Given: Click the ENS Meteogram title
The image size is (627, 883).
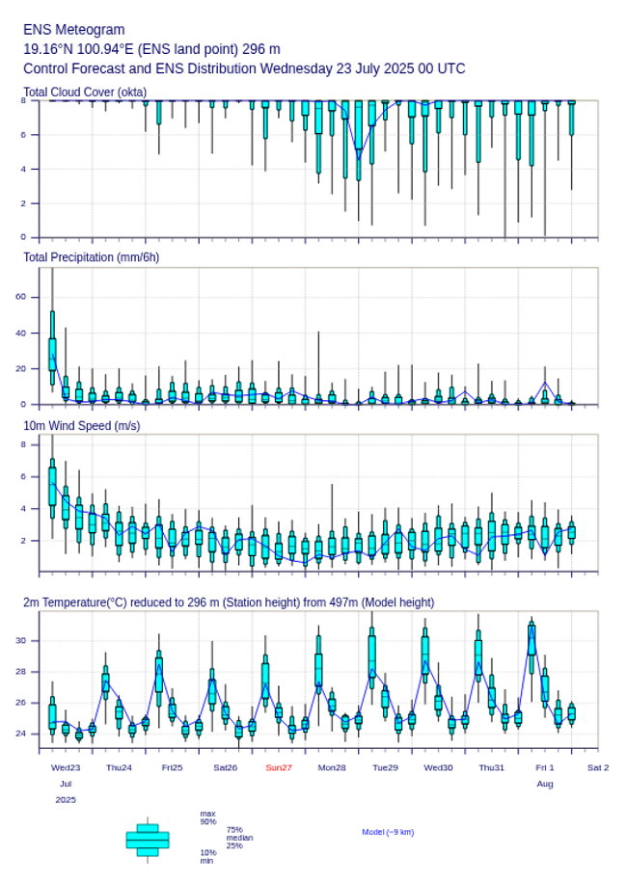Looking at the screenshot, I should tap(74, 30).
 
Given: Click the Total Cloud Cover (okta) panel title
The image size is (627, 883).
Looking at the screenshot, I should tap(85, 93).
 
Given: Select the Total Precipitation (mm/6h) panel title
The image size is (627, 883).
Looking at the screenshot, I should tap(92, 256).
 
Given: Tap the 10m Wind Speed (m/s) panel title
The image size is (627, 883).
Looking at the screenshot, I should tap(82, 425).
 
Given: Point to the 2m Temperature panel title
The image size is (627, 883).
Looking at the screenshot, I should tap(229, 602).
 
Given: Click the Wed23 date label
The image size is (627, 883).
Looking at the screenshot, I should tap(66, 767).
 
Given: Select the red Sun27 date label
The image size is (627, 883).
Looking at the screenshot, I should tap(279, 767).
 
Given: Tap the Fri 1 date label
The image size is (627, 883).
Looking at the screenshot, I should tap(545, 767).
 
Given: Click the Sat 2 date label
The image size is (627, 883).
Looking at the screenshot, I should tap(598, 767).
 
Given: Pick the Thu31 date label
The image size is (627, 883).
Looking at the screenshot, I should tap(492, 767).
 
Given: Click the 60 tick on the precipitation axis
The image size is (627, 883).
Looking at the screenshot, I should tap(20, 297).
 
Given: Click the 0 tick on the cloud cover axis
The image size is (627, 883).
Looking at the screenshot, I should tap(22, 237).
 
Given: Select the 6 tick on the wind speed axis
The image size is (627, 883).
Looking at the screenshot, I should tap(22, 477).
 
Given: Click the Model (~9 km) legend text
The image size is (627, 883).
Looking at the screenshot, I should tap(388, 832).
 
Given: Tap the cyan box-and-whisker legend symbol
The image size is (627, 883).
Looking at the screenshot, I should tap(148, 840).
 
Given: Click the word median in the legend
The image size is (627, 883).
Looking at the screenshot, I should tap(239, 838).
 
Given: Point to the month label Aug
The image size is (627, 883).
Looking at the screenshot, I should tap(545, 784).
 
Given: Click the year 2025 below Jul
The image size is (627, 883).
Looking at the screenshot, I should tap(66, 800).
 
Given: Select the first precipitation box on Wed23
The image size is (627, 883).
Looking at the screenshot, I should tap(52, 354).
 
